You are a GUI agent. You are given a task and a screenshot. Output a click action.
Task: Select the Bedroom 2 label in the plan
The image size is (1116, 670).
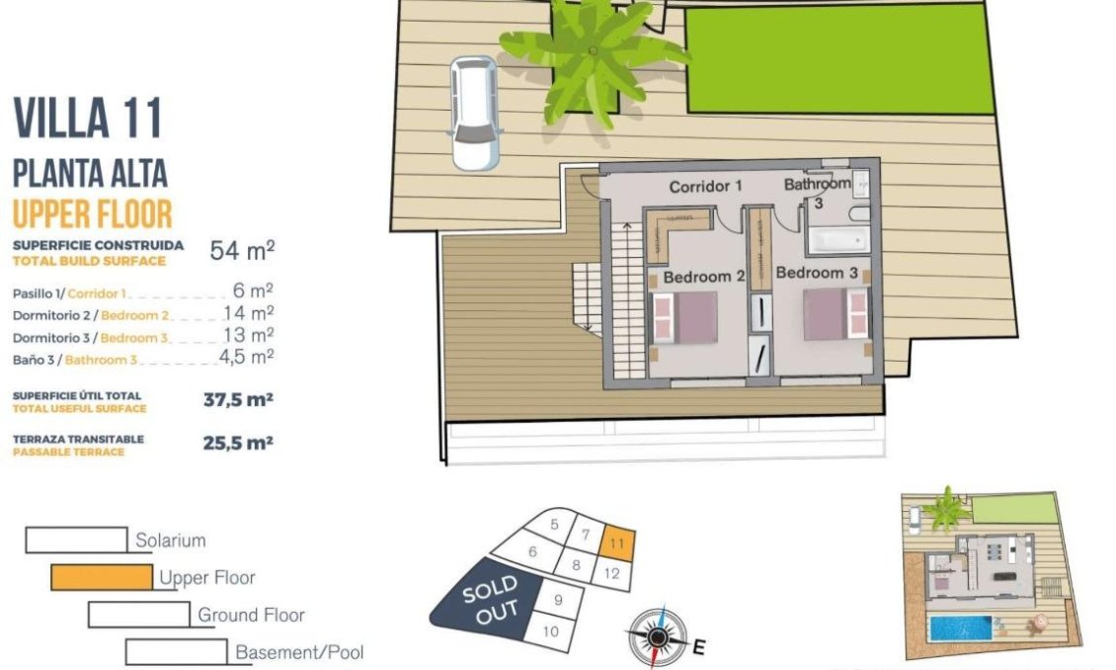[x=702, y=277]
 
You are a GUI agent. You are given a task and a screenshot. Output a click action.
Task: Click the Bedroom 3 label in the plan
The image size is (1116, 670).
[x=816, y=272]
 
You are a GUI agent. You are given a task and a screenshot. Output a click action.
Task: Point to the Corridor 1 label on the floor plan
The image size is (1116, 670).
[x=705, y=186]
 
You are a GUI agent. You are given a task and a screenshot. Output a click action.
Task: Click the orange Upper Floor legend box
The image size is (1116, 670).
[x=101, y=577]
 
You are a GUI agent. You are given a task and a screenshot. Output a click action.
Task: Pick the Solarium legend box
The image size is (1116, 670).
[x=76, y=540]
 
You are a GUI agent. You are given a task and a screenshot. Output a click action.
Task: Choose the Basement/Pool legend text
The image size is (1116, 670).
[x=299, y=652]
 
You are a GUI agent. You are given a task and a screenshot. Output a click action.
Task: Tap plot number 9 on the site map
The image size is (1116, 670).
[x=558, y=599]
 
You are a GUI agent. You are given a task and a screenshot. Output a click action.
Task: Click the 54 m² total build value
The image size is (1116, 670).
[x=242, y=250]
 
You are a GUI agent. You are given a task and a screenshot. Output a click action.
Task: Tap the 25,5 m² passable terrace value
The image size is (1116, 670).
[x=237, y=444]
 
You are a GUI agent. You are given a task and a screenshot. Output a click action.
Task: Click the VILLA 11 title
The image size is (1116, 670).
[x=88, y=120]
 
